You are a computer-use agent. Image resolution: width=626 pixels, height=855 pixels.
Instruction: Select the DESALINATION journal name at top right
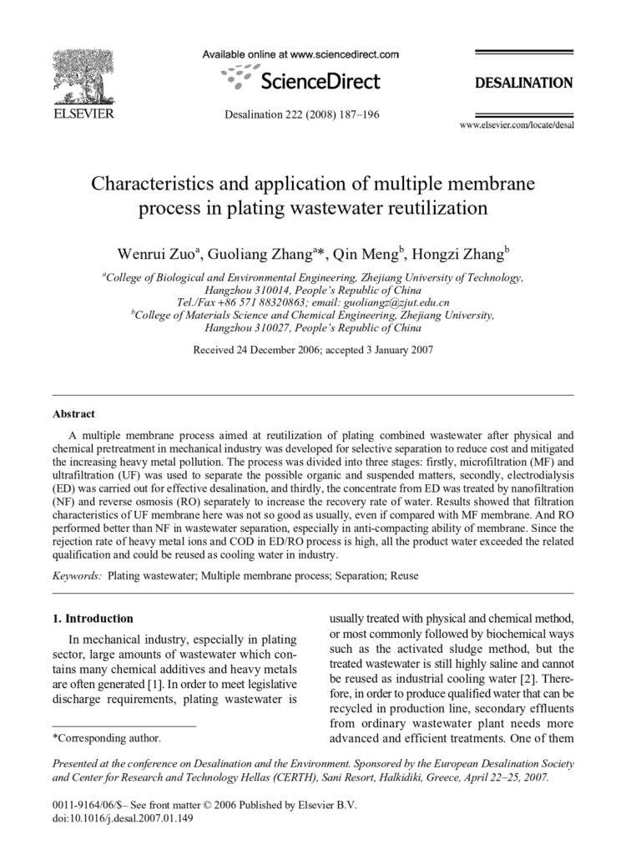523,83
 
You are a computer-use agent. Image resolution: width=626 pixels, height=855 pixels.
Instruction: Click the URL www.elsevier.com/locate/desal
517,125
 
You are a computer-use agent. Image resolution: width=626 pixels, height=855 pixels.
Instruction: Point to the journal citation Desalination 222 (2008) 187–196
302,114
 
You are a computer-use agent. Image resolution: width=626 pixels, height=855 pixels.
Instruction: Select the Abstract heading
73,413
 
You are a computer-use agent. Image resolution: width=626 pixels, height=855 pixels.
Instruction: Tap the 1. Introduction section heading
93,619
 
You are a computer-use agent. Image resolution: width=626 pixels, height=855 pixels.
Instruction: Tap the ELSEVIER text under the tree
83,114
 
